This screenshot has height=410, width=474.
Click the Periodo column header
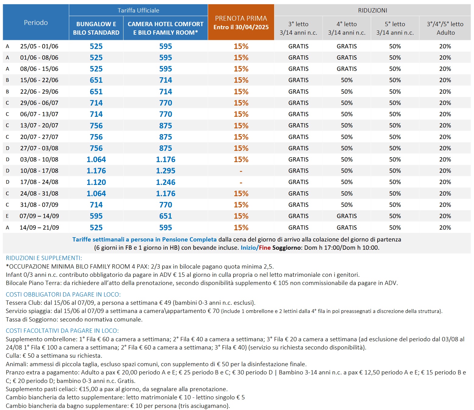36,23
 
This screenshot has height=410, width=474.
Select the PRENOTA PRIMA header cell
241,22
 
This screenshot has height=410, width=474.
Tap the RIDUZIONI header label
372,10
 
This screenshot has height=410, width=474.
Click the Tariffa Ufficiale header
138,10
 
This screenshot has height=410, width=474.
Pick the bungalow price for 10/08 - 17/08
96,171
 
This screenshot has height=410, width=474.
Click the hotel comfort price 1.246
166,182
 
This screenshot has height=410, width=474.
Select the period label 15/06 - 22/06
39,80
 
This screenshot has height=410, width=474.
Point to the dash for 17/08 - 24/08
241,182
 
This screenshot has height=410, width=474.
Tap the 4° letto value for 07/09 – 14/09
347,216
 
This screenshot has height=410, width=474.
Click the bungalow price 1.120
96,182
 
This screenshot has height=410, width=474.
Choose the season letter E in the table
7,216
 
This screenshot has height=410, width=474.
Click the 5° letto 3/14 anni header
395,28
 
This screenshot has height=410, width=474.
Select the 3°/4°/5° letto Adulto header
445,28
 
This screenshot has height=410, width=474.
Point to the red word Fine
265,248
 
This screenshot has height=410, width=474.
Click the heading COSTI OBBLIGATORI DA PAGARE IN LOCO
63,294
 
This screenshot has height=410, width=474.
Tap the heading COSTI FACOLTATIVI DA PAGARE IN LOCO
62,331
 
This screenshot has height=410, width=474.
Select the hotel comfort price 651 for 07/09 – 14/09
166,216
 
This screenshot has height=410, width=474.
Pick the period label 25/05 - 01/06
39,46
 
